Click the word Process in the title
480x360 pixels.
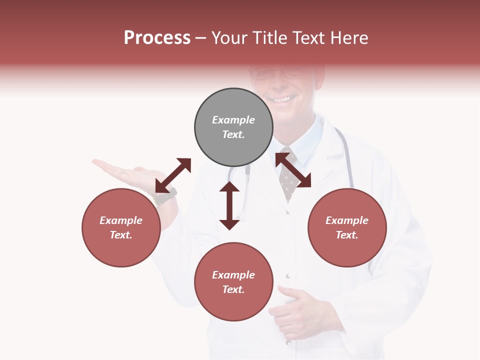click(157, 38)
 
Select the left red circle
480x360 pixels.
click(121, 250)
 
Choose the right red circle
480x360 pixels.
click(347, 250)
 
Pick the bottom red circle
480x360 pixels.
click(233, 305)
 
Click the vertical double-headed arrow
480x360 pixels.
click(229, 205)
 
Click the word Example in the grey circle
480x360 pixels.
click(233, 120)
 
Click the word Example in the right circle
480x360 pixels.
click(347, 220)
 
